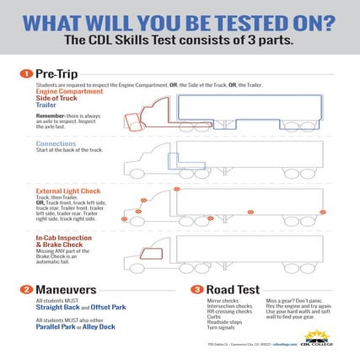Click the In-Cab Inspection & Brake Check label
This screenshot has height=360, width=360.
coord(62,241)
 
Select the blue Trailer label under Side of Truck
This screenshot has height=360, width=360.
coord(44,105)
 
